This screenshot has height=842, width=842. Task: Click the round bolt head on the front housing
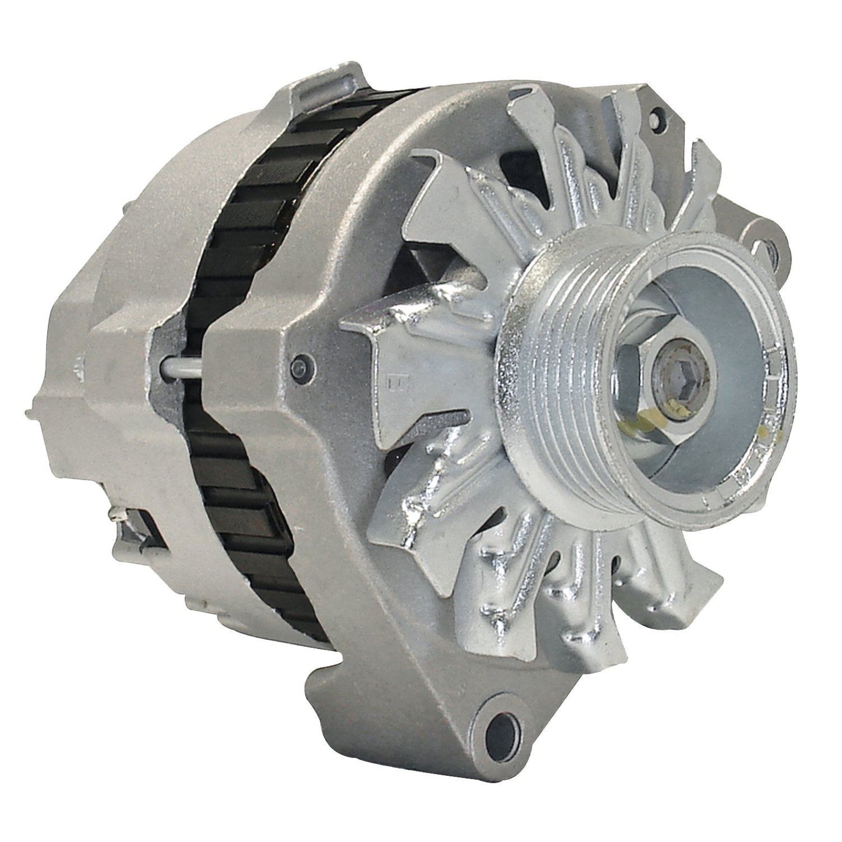(302, 367)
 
